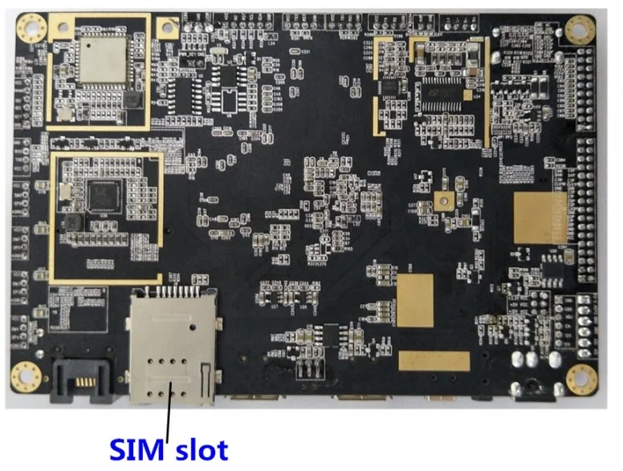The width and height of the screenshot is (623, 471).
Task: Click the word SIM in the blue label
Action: point(136,448)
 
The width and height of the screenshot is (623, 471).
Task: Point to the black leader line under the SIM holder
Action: point(169,413)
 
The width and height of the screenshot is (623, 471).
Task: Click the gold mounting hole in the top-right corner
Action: point(580,29)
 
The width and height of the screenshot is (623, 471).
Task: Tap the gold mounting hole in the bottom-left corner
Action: point(26,376)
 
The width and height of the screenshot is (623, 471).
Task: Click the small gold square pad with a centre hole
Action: point(442,203)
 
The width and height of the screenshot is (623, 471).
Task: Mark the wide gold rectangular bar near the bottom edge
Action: point(434,361)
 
